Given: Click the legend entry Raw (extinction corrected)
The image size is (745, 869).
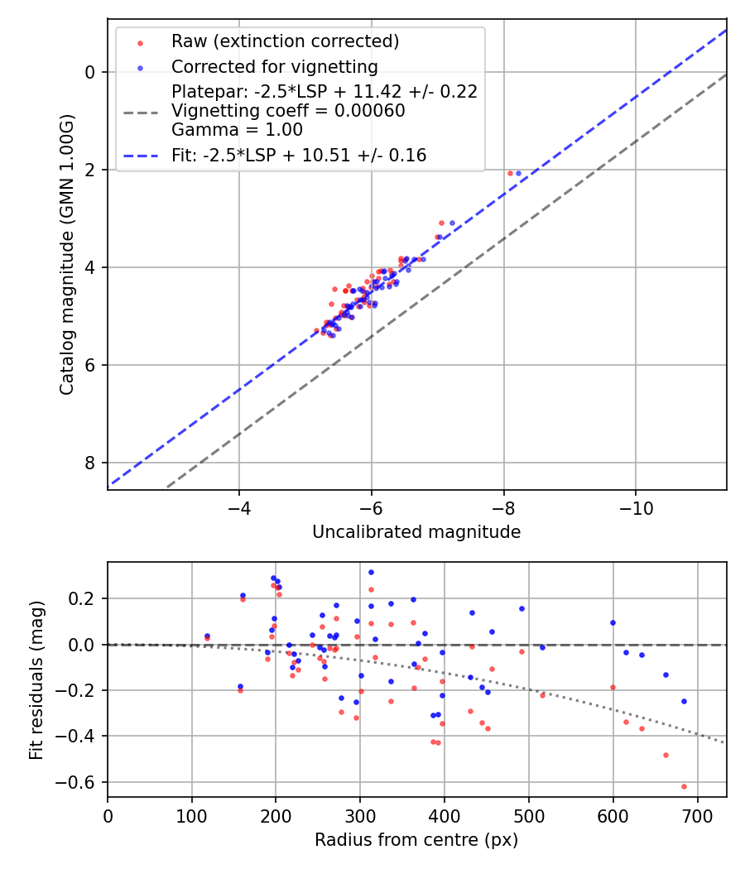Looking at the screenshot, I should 285,41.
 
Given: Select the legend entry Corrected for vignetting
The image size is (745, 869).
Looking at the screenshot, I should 274,67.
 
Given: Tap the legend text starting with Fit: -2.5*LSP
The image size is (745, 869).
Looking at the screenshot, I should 299,155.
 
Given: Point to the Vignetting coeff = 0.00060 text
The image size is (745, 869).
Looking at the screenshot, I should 288,111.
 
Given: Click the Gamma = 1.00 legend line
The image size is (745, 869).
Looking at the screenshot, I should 237,130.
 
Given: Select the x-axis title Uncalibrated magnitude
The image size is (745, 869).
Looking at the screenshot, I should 416,532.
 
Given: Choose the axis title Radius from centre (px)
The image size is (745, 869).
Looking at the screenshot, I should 416,840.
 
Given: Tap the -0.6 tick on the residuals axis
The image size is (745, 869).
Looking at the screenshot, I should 82,782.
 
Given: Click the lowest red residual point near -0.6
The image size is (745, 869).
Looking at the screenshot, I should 684,786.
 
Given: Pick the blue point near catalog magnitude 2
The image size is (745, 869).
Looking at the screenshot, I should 518,173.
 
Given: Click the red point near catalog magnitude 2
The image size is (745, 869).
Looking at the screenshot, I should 510,173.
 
